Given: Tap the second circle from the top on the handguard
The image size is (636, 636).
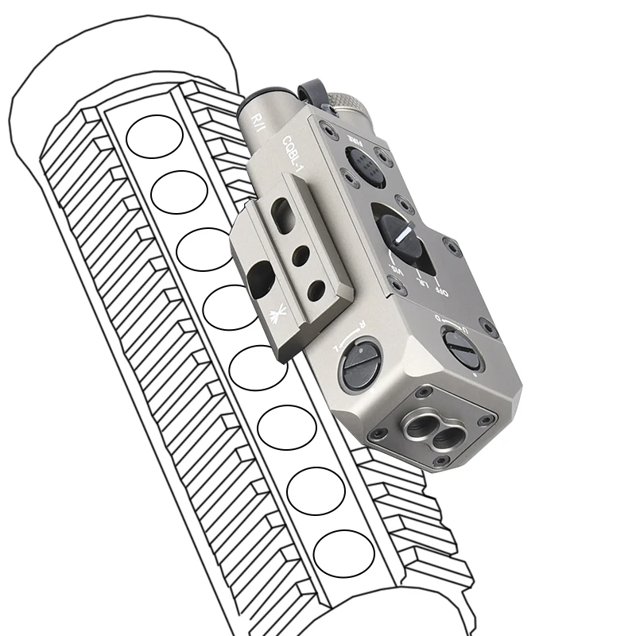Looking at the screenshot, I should (179, 192).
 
